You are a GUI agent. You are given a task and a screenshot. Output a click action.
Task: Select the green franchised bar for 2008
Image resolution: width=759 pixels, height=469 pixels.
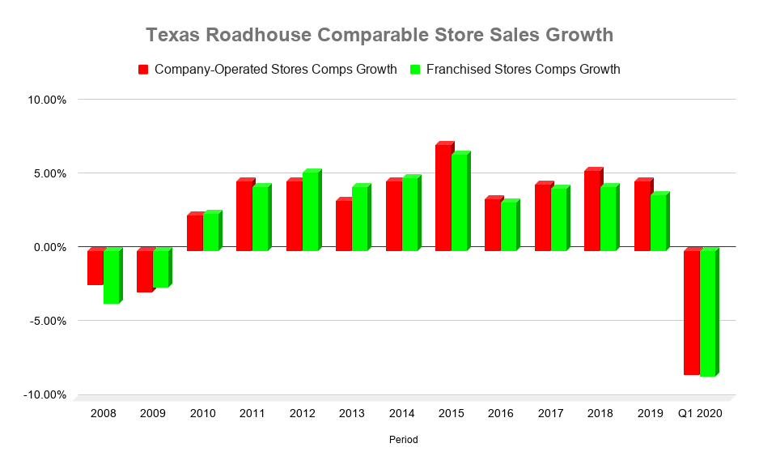coord(111,276)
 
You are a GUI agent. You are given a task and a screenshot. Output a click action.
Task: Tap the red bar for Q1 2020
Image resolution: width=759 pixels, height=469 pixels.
coord(691,313)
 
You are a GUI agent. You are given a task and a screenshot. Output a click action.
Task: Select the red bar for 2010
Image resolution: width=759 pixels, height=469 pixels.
coord(194,233)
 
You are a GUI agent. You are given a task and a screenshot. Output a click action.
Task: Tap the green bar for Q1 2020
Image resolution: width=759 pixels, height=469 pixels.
coord(707,313)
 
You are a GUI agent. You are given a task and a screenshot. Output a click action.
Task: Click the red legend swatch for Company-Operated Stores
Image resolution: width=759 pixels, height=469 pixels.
coord(143,70)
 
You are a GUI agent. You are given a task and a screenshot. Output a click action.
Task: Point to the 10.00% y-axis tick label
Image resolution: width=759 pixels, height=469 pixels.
coord(48,100)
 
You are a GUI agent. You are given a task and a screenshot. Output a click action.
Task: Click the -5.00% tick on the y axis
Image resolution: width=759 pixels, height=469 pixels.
coord(48,321)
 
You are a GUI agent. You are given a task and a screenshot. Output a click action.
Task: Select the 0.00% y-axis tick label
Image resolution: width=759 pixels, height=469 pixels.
coord(49,247)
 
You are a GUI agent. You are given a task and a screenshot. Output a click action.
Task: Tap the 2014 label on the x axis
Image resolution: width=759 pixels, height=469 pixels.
coord(401,413)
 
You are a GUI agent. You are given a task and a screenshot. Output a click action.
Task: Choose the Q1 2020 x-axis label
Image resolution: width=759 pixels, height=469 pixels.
coord(700,413)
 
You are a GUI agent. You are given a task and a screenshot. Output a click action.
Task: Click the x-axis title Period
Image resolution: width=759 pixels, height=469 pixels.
coord(402,440)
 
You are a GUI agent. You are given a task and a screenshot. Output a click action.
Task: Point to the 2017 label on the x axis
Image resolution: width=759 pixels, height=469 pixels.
coord(550,413)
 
